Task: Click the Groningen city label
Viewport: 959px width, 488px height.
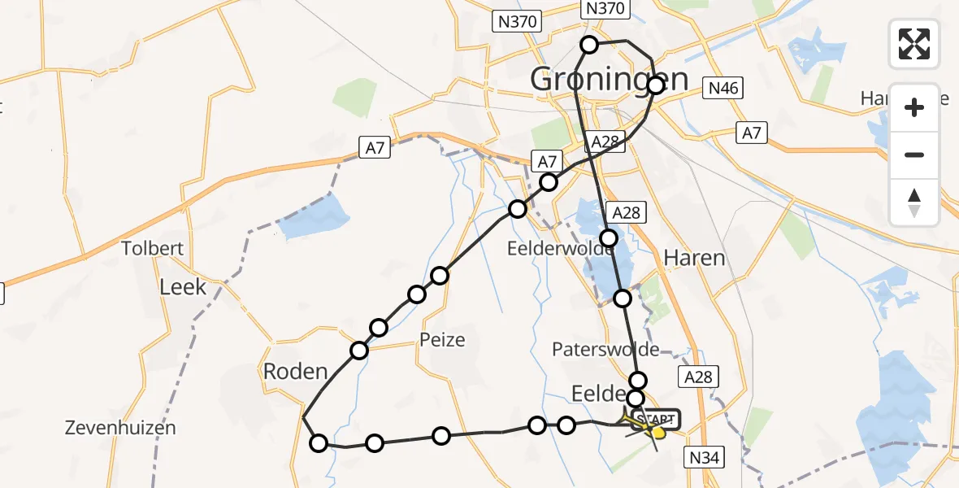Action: point(609,80)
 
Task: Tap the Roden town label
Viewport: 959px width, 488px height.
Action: point(295,372)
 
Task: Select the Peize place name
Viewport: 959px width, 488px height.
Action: point(443,339)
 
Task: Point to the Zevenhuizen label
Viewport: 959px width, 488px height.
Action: point(121,428)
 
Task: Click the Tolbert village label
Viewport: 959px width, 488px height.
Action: point(152,248)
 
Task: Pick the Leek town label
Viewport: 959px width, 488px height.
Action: point(183,286)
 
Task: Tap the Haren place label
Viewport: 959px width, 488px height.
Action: point(694,259)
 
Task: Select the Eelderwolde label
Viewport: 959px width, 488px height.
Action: point(561,249)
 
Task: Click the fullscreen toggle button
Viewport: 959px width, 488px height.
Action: point(914,44)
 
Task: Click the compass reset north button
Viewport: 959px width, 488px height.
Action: point(914,203)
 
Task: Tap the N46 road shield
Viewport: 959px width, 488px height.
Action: point(723,88)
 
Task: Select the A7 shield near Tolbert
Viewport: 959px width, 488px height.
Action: point(375,147)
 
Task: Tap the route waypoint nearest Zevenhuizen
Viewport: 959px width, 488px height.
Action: point(319,442)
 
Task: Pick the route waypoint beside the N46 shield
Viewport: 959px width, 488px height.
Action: point(657,85)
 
